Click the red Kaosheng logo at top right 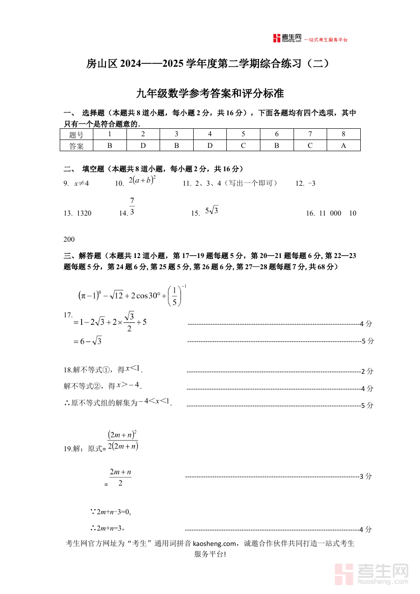pos(287,39)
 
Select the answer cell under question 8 pos(343,146)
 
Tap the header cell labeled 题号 pos(77,134)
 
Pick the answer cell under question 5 pos(243,146)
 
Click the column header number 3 pos(176,134)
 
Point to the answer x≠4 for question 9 pos(81,183)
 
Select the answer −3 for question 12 pos(312,183)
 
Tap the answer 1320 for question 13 pos(84,213)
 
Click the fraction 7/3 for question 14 pos(132,206)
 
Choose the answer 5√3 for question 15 pos(212,211)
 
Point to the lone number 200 pos(69,239)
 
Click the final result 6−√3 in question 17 pos(87,341)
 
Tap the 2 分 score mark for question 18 pos(367,371)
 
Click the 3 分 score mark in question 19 pos(365,476)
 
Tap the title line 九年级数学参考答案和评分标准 pos(210,93)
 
